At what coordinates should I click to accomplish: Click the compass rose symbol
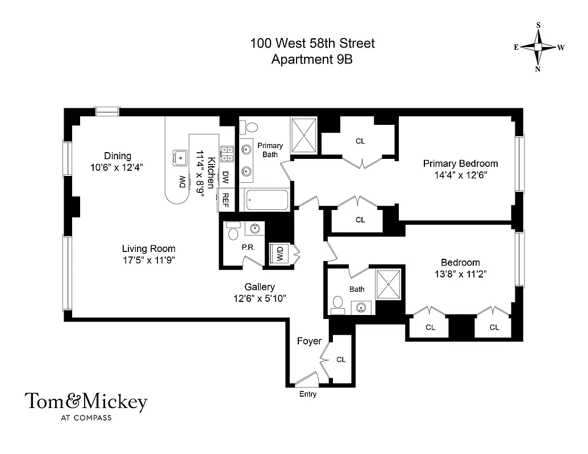tap(539, 47)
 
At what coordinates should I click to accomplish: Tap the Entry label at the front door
tap(307, 394)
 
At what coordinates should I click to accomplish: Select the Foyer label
tap(309, 341)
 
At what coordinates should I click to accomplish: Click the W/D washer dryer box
tap(280, 253)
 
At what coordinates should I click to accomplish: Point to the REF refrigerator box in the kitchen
tap(226, 199)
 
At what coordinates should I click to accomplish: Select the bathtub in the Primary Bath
tap(266, 200)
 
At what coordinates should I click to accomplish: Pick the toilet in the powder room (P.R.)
tap(233, 232)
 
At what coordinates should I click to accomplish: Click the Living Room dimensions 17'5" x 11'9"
tap(149, 260)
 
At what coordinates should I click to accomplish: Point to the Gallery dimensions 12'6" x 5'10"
tap(260, 299)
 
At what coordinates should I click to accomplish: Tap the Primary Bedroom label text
tap(460, 163)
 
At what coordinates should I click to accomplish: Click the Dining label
tap(118, 156)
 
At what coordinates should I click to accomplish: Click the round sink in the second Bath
tap(360, 308)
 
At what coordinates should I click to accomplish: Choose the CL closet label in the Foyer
tap(341, 359)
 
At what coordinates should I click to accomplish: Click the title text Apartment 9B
tap(312, 59)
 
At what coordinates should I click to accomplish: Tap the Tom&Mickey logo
tap(86, 402)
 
